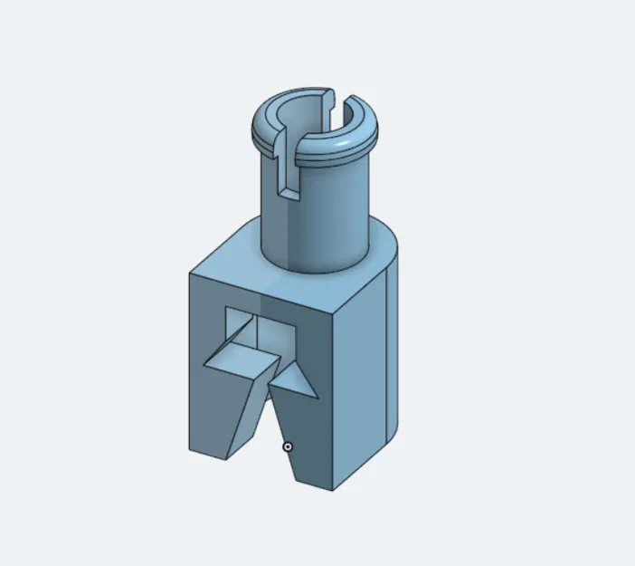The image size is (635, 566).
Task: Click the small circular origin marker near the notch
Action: tap(288, 446)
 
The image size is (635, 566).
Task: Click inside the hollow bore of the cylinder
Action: tap(312, 118)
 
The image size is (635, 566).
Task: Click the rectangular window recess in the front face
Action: tap(271, 331)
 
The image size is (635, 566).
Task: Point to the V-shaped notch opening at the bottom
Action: tap(267, 426)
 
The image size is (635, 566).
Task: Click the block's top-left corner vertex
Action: tap(190, 272)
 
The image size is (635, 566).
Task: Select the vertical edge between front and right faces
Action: tap(333, 398)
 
